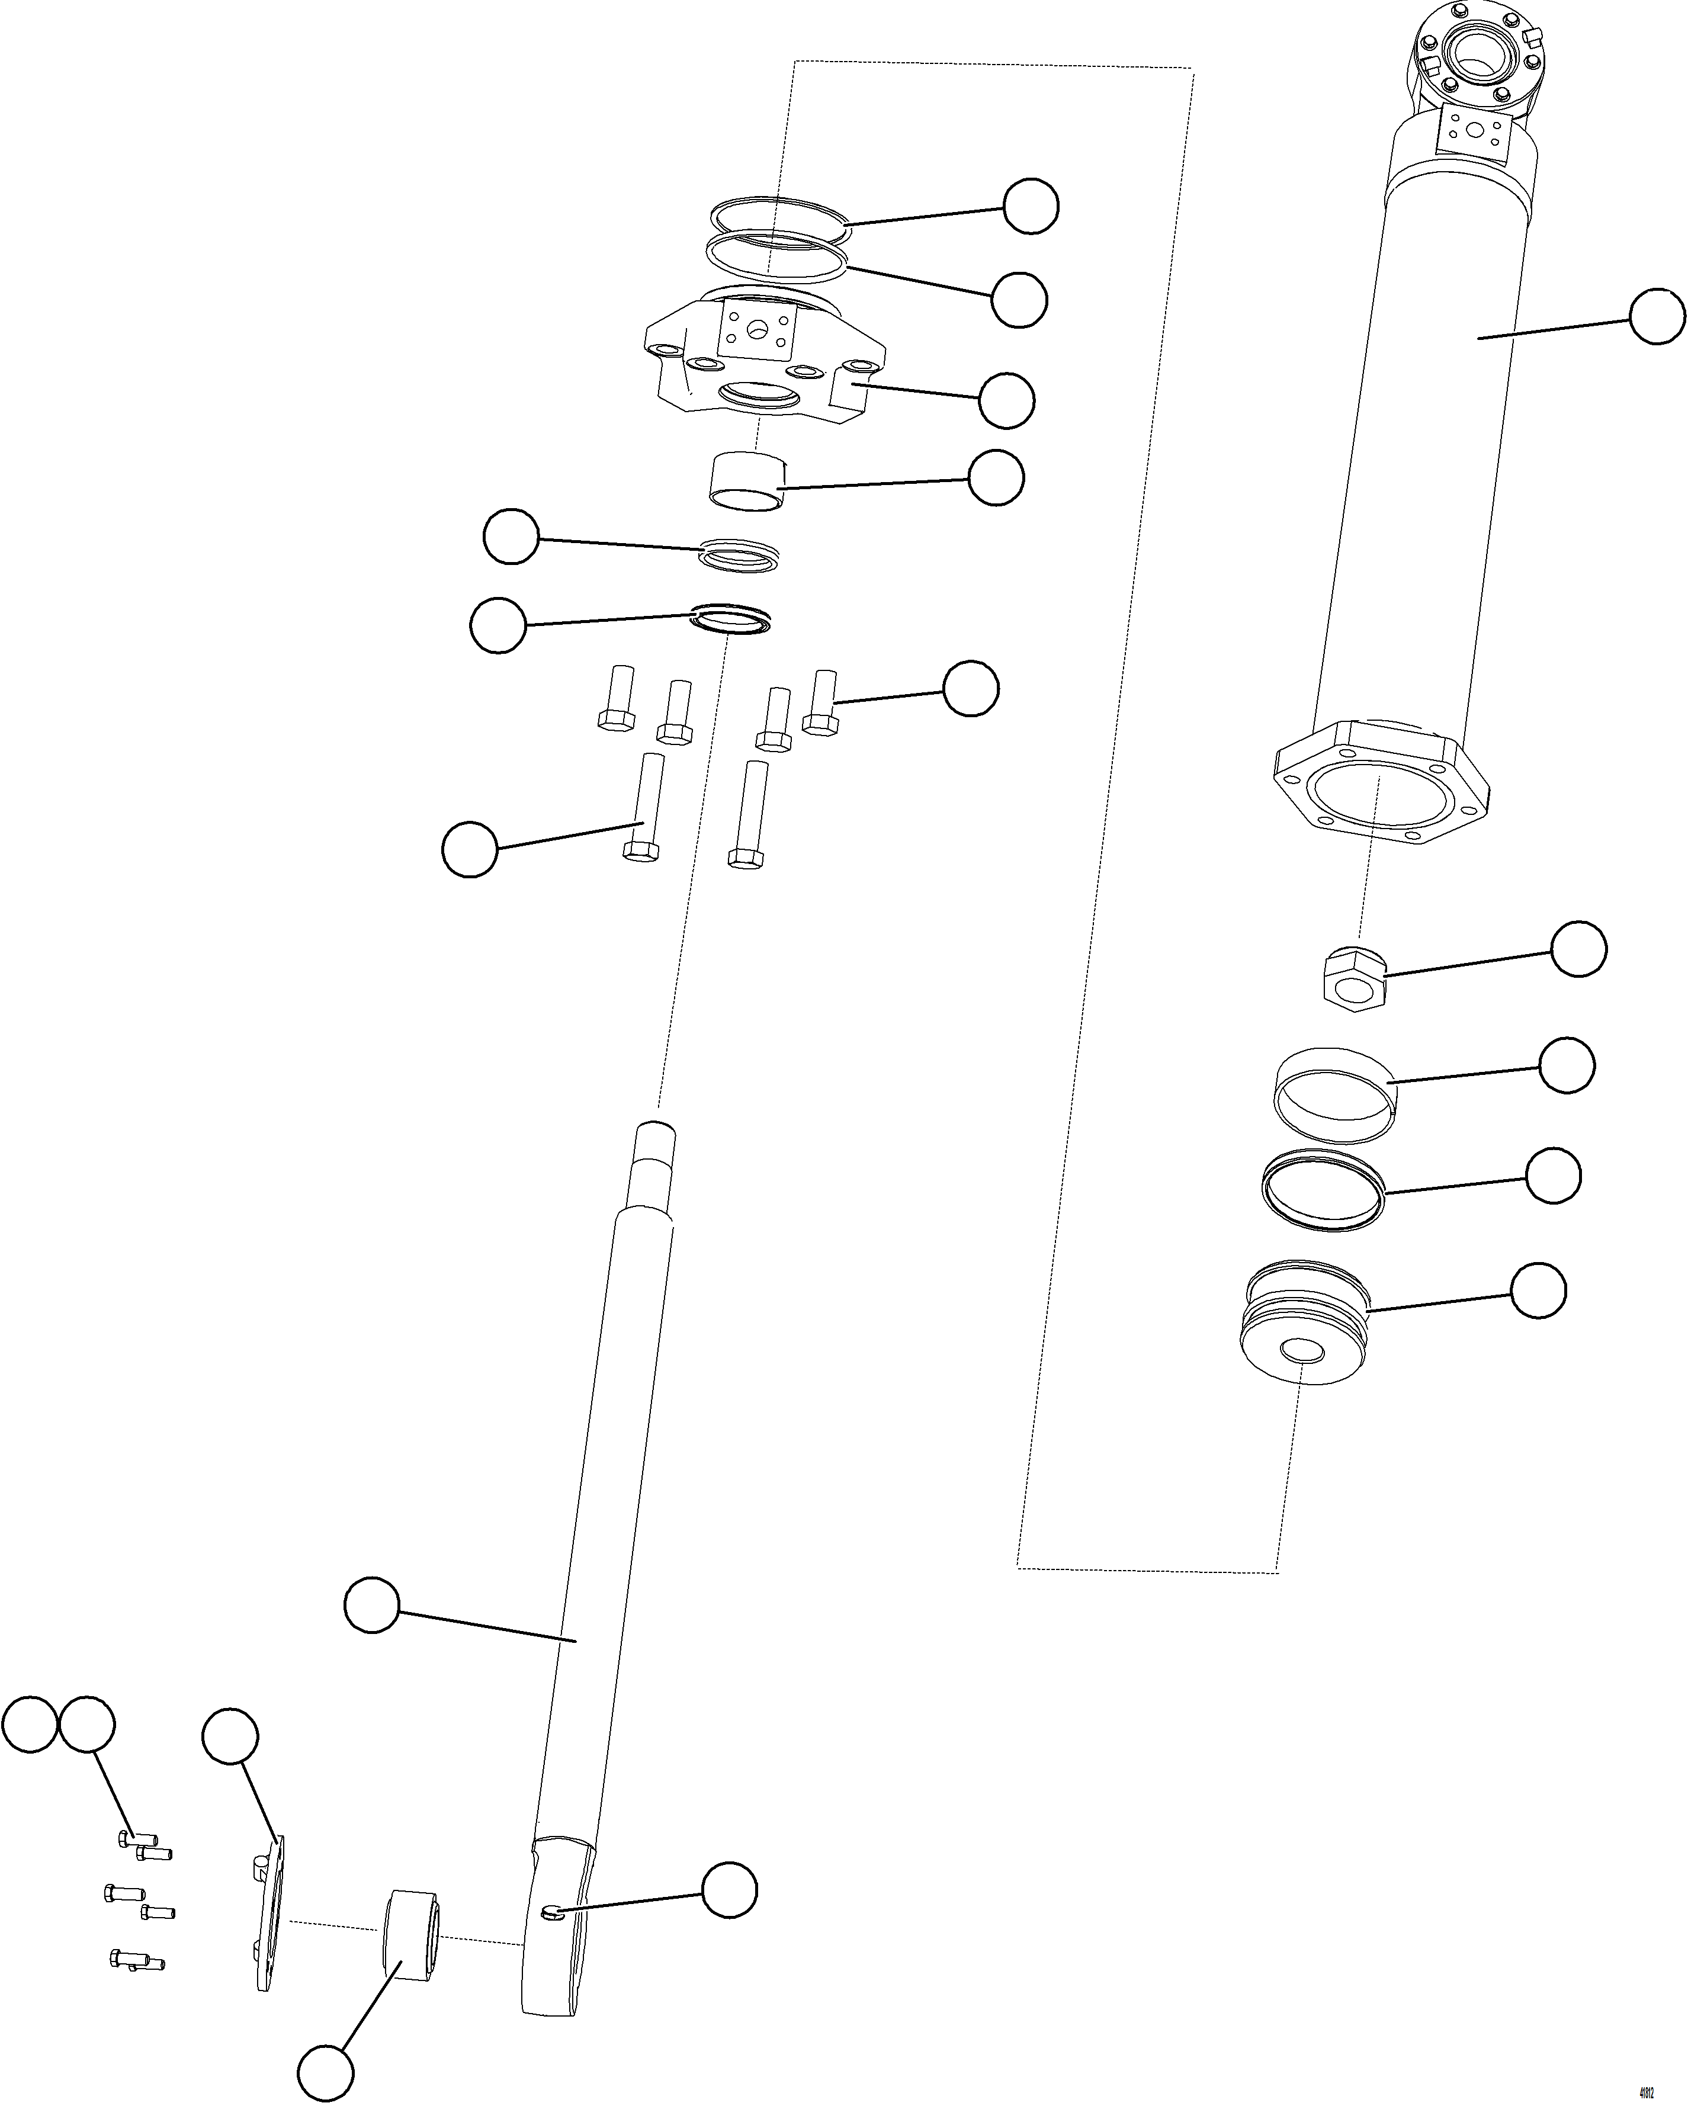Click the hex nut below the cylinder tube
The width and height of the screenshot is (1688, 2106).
1354,980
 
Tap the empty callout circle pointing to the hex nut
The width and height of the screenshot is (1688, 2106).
1578,949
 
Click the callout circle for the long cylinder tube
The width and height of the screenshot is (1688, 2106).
1658,316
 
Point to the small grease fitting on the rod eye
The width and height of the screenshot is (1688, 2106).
552,1912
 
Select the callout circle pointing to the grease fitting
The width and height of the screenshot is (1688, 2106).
730,1890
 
